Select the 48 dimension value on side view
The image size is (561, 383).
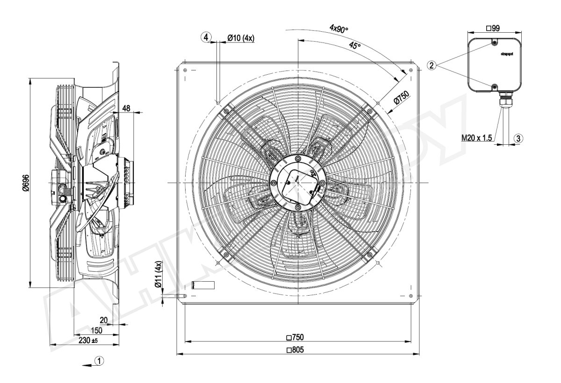pyautogui.click(x=127, y=107)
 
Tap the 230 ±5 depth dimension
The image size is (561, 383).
pyautogui.click(x=88, y=341)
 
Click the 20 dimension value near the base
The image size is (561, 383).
pyautogui.click(x=104, y=320)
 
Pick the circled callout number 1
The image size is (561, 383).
pyautogui.click(x=99, y=361)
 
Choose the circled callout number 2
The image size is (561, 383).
pyautogui.click(x=432, y=65)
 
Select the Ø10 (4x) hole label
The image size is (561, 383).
pyautogui.click(x=240, y=38)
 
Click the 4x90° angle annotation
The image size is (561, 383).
pyautogui.click(x=338, y=29)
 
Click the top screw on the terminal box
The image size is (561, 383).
pyautogui.click(x=495, y=43)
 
